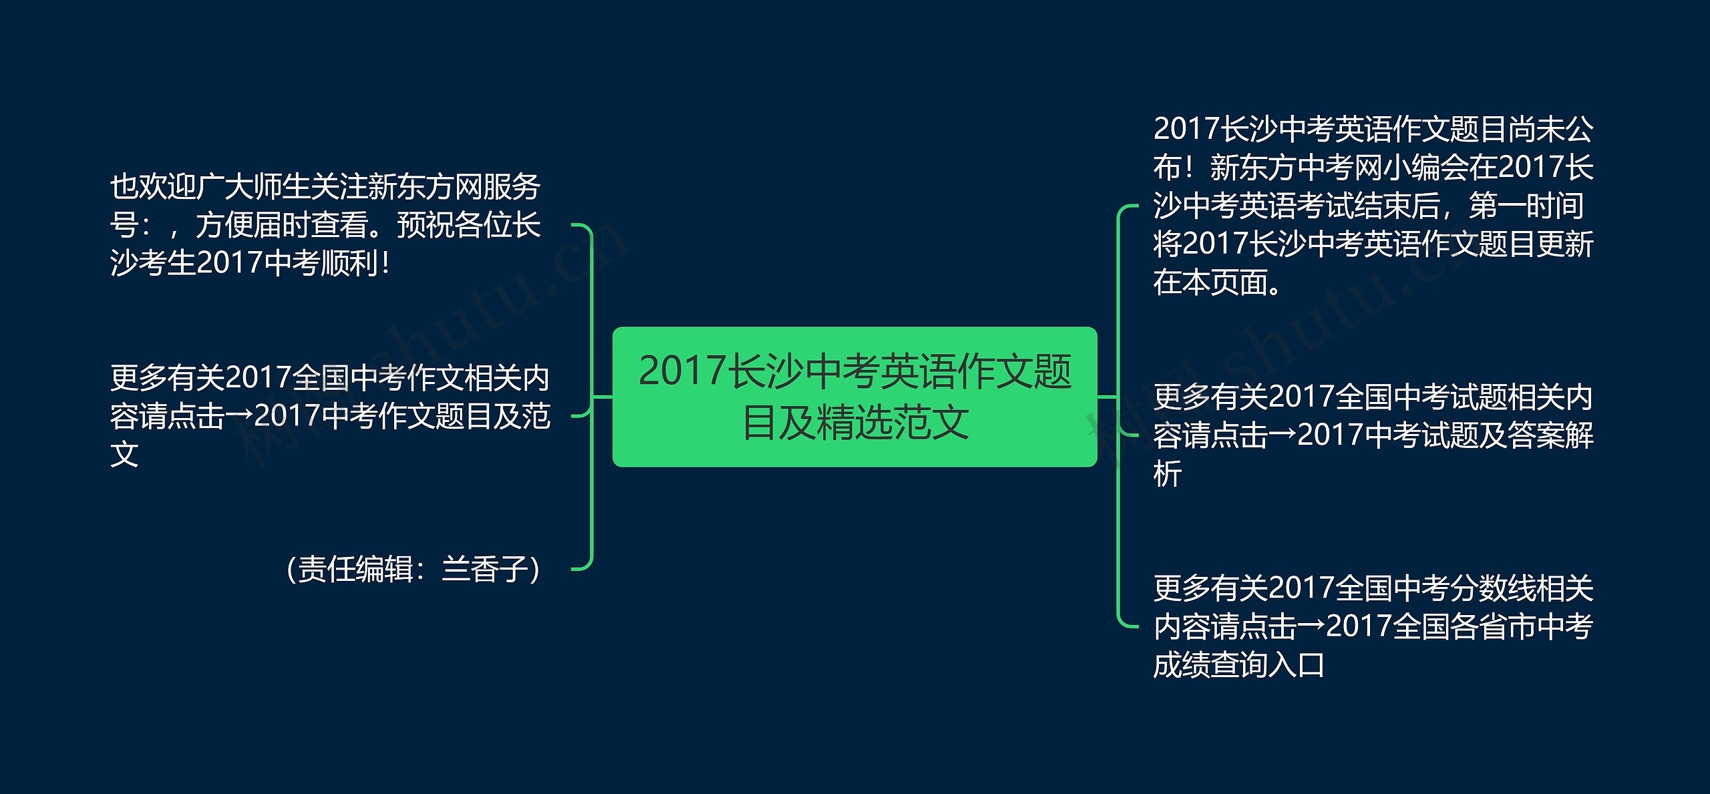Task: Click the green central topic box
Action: [854, 397]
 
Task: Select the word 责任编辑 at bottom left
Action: [355, 570]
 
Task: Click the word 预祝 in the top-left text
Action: [425, 226]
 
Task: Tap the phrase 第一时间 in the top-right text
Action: [1526, 206]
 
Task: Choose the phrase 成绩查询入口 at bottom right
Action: [1239, 665]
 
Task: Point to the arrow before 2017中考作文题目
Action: [239, 416]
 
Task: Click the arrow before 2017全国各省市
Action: [1311, 627]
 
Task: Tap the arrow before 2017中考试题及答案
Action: [1282, 435]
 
